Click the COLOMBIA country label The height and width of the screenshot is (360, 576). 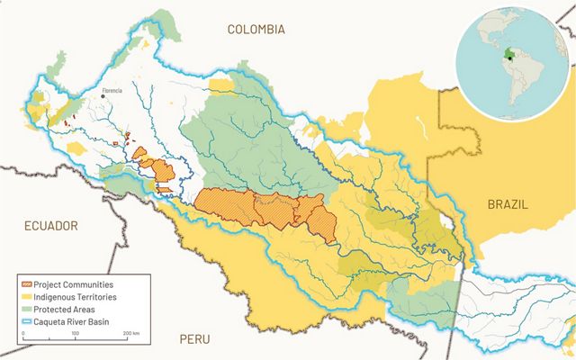[x=256, y=30]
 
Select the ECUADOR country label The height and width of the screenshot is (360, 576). [x=51, y=226]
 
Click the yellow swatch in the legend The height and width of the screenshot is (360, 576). [x=29, y=296]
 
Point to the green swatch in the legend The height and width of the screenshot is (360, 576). [x=29, y=309]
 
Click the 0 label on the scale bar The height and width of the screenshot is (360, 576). [x=23, y=335]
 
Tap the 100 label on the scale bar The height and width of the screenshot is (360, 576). [x=76, y=335]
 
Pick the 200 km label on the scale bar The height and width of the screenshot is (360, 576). [x=130, y=335]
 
